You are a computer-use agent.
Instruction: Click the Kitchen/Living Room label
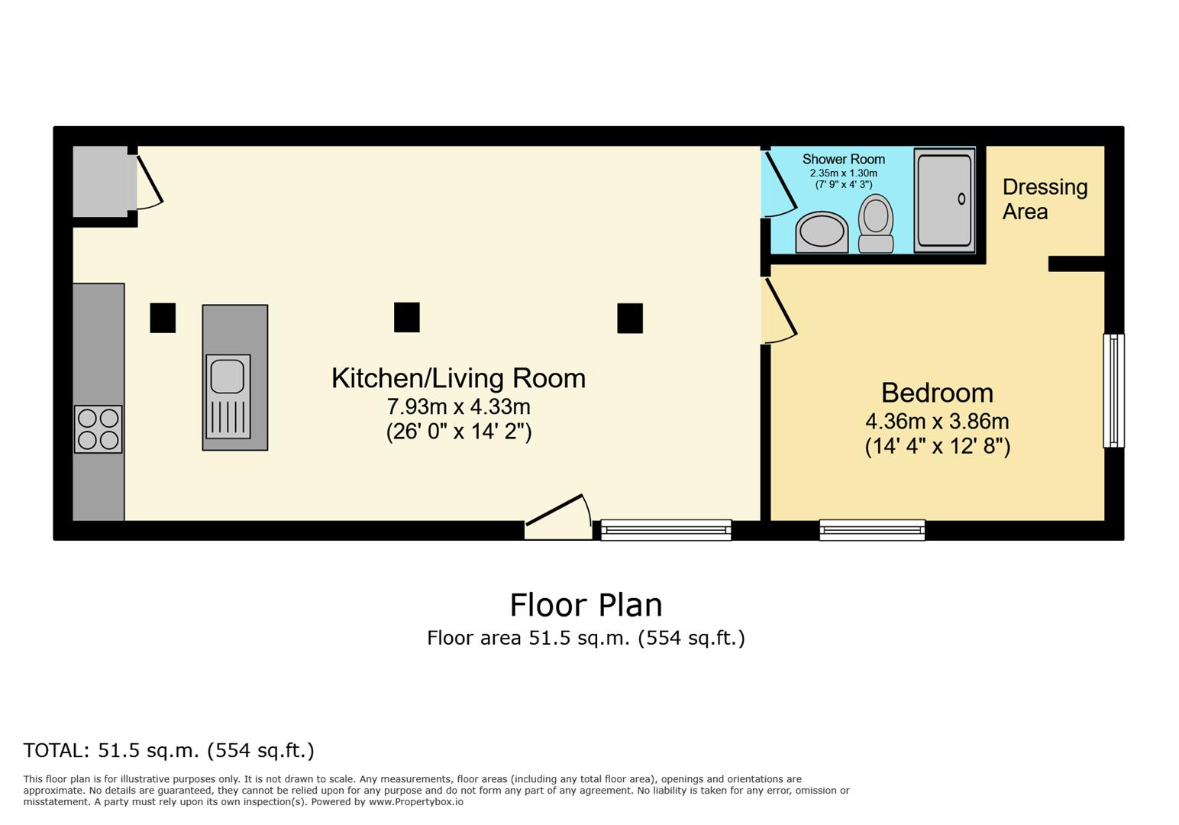pos(458,379)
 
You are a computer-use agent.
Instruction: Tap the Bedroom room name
pos(937,393)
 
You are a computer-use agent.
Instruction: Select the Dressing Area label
pos(1044,199)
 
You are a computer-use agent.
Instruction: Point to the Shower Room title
pos(843,159)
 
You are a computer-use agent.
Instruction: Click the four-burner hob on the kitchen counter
pos(99,429)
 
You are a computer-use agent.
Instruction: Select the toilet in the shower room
pos(876,223)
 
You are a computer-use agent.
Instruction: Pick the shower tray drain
pos(961,199)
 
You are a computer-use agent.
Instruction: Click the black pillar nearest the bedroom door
pos(630,318)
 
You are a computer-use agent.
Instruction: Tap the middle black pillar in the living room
pos(406,317)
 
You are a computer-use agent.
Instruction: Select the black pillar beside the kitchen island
pos(163,318)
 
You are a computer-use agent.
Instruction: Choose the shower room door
pos(780,183)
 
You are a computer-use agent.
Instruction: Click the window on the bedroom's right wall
pos(1113,390)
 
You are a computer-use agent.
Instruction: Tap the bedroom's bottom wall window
pos(872,529)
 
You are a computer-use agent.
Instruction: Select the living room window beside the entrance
pos(666,529)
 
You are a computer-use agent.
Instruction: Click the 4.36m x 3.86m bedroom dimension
pos(937,421)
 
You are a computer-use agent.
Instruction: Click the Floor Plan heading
pos(586,604)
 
